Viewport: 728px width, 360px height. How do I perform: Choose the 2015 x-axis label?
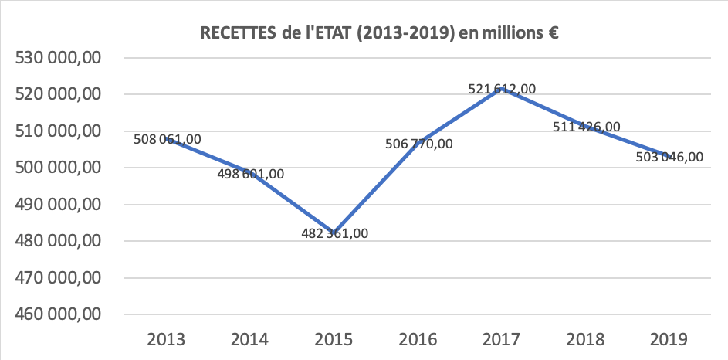pos(333,339)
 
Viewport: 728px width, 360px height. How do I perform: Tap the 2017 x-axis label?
pos(501,339)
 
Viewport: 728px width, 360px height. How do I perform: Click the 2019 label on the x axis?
pos(669,339)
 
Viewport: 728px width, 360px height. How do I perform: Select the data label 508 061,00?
pos(167,139)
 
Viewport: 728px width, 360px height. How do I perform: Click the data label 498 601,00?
pos(250,174)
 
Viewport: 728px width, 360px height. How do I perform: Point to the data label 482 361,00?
pos(334,233)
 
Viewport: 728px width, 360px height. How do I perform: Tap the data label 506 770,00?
pos(418,143)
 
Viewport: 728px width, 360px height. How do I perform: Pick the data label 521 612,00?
pos(502,89)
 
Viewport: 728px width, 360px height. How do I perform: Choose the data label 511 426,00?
pos(587,126)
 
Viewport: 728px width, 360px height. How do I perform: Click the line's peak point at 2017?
pos(502,89)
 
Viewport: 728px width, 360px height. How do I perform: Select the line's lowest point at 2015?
pos(334,233)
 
